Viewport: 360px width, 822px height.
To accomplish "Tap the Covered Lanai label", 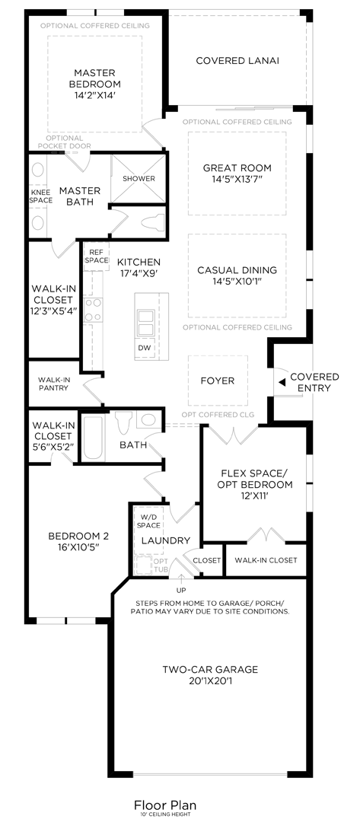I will click(x=237, y=60).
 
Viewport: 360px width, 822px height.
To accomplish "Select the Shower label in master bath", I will click(x=139, y=179).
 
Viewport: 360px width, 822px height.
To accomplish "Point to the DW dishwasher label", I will click(x=145, y=348).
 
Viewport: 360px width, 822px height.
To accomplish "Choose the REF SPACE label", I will click(x=97, y=256).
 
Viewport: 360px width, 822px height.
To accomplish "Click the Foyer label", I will click(x=218, y=381).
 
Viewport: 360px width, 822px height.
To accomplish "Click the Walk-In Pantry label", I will click(x=53, y=384).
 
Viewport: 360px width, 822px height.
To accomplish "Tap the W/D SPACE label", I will click(x=149, y=521).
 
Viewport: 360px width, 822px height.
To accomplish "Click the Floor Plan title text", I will click(x=164, y=804).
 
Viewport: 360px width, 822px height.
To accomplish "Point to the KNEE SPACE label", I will click(x=40, y=196).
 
